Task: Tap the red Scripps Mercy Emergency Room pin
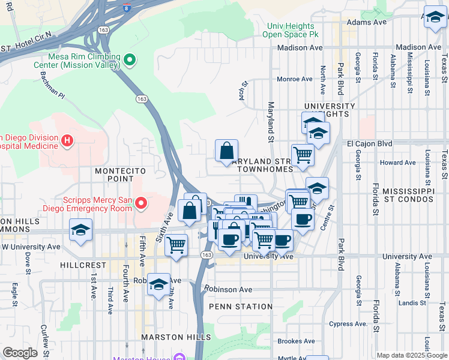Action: [141, 204]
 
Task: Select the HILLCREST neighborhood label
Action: [83, 265]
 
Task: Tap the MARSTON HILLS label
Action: [170, 337]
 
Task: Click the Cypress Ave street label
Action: [348, 324]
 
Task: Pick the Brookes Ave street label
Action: [298, 341]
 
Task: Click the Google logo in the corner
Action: [20, 353]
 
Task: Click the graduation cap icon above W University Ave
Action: [80, 230]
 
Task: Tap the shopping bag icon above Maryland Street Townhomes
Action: [227, 151]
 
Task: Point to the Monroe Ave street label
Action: [294, 79]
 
